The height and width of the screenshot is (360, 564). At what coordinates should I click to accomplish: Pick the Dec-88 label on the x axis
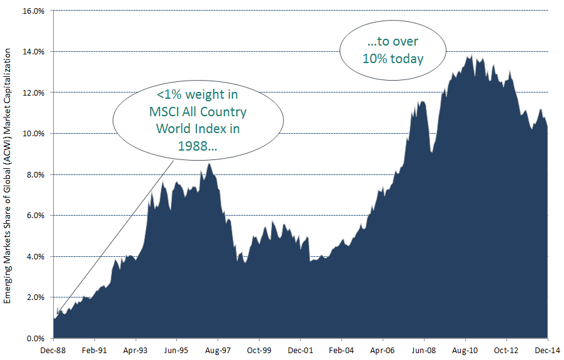(x=54, y=351)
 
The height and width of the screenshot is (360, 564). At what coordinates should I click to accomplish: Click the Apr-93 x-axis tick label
(x=136, y=351)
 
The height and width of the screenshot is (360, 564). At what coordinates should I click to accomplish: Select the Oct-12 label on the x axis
(x=507, y=351)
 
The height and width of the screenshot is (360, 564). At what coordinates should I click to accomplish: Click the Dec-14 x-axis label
(x=548, y=351)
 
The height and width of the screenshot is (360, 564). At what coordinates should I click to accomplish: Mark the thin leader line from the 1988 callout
(x=119, y=231)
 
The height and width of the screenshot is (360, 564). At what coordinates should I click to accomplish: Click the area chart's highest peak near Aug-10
(x=469, y=56)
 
